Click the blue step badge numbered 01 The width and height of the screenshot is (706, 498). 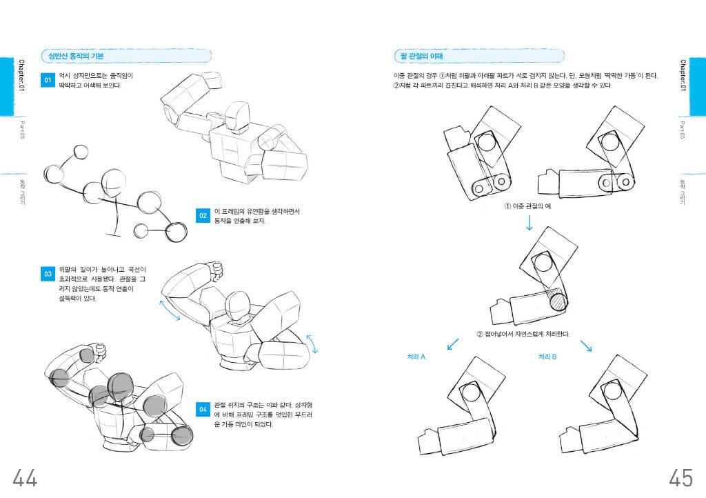tap(48, 81)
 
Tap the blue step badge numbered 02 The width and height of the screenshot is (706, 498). tap(203, 216)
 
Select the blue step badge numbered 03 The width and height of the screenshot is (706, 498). tap(48, 274)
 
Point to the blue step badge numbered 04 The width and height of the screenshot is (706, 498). tap(203, 410)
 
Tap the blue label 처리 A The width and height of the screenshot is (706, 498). tap(416, 357)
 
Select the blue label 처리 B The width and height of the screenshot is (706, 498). tap(547, 357)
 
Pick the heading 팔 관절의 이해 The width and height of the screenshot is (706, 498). tap(422, 56)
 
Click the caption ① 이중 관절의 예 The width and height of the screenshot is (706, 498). tap(529, 206)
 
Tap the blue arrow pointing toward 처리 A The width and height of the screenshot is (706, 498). tap(453, 343)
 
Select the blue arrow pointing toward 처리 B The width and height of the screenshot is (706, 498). tap(585, 345)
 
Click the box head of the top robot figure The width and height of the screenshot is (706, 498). tap(238, 117)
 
